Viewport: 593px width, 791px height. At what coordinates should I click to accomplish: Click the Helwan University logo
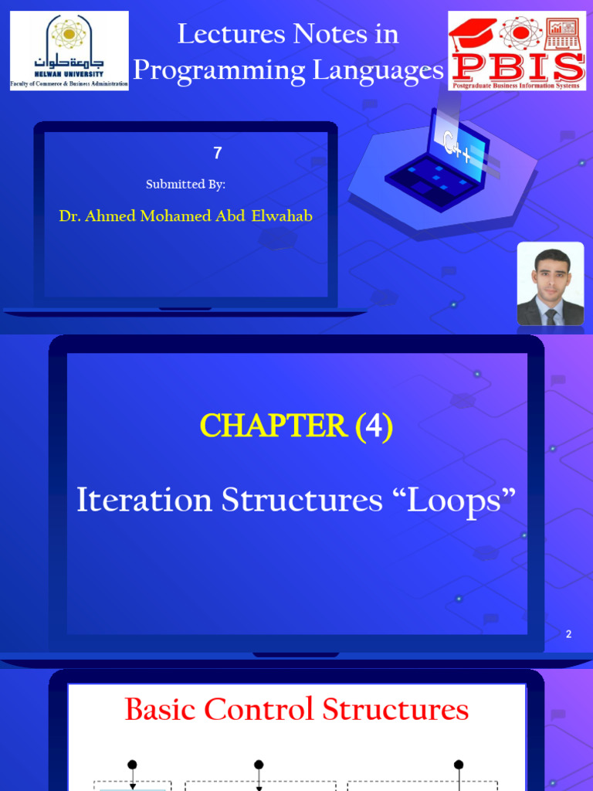click(69, 51)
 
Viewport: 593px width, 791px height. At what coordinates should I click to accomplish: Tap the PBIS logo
click(517, 51)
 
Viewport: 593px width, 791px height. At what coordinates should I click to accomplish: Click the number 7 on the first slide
click(218, 153)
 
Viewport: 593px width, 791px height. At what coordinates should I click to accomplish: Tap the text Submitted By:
click(185, 184)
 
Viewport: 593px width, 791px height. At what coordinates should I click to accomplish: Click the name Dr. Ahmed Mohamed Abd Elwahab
click(186, 216)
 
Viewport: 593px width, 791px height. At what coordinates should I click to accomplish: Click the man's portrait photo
click(551, 283)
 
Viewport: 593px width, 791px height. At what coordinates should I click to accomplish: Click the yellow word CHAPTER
click(273, 426)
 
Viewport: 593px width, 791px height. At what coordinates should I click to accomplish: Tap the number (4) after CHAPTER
click(374, 426)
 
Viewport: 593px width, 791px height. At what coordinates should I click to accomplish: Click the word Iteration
click(144, 501)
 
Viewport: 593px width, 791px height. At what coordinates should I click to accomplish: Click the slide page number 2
click(569, 634)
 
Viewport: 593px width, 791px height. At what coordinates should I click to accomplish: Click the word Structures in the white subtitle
click(303, 501)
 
